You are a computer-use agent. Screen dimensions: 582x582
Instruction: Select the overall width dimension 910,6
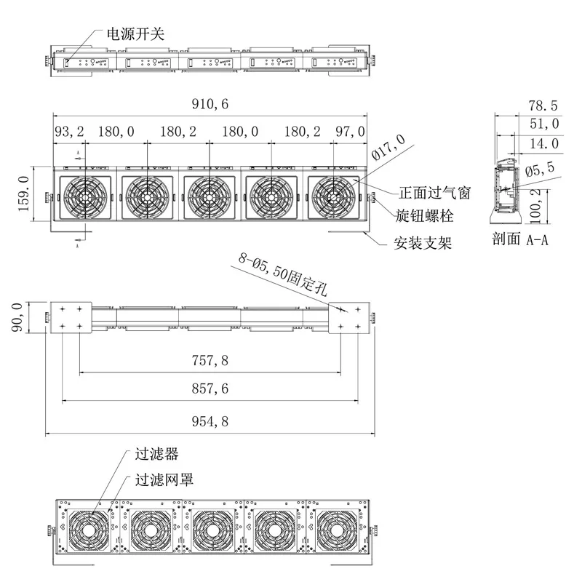(x=210, y=105)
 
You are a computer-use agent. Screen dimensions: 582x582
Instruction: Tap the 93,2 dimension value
(x=70, y=132)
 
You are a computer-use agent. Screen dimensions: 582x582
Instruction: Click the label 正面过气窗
(x=434, y=194)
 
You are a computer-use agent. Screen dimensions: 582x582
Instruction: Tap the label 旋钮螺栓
(x=425, y=216)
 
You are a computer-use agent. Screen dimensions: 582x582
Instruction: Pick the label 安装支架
(x=423, y=243)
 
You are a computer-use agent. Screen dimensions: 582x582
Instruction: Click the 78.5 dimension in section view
(x=543, y=105)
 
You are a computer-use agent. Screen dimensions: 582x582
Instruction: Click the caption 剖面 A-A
(x=519, y=239)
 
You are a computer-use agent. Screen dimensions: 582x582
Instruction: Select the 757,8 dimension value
(x=210, y=360)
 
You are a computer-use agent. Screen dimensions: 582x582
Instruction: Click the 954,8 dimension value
(x=210, y=420)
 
